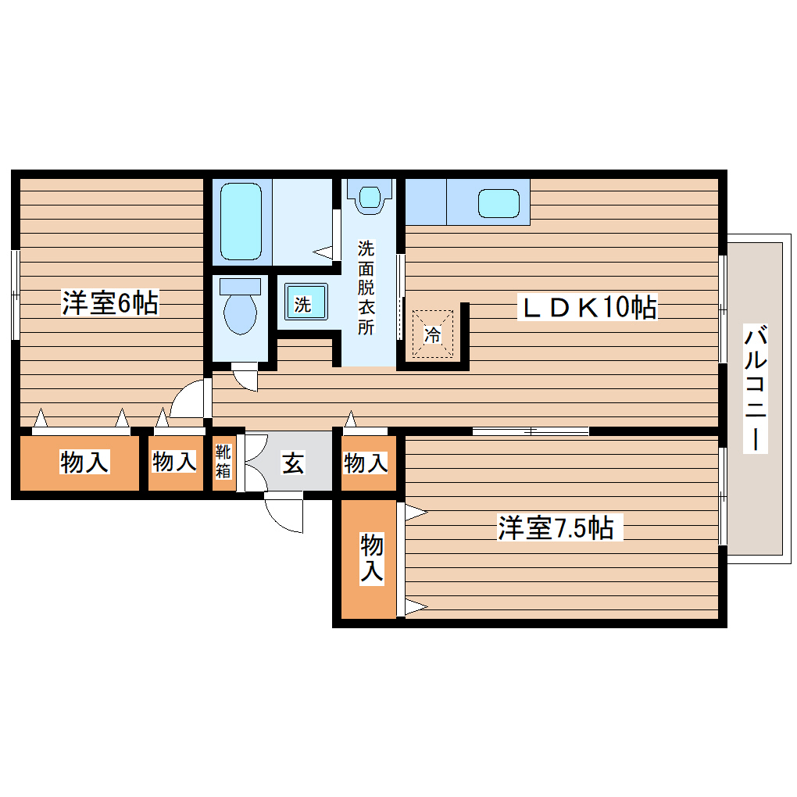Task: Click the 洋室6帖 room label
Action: (110, 302)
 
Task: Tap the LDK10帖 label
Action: (590, 307)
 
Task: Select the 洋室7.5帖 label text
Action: (555, 529)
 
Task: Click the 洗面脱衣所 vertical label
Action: (366, 288)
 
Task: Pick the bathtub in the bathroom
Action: (240, 221)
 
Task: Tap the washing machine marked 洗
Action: (303, 303)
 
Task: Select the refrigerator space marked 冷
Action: (432, 334)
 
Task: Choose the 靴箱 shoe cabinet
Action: (223, 461)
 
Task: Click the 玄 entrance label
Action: (292, 463)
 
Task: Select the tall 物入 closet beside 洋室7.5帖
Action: (370, 558)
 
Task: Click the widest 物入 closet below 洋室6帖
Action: (84, 463)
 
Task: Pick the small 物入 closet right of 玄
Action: (366, 463)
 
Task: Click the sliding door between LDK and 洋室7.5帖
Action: (531, 431)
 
